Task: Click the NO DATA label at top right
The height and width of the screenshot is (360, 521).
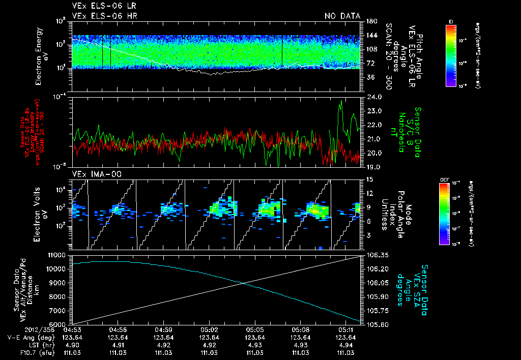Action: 342,16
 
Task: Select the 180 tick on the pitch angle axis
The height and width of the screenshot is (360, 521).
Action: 370,21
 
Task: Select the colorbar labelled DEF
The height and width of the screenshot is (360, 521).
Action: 450,214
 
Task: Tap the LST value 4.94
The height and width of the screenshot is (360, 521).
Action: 345,345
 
